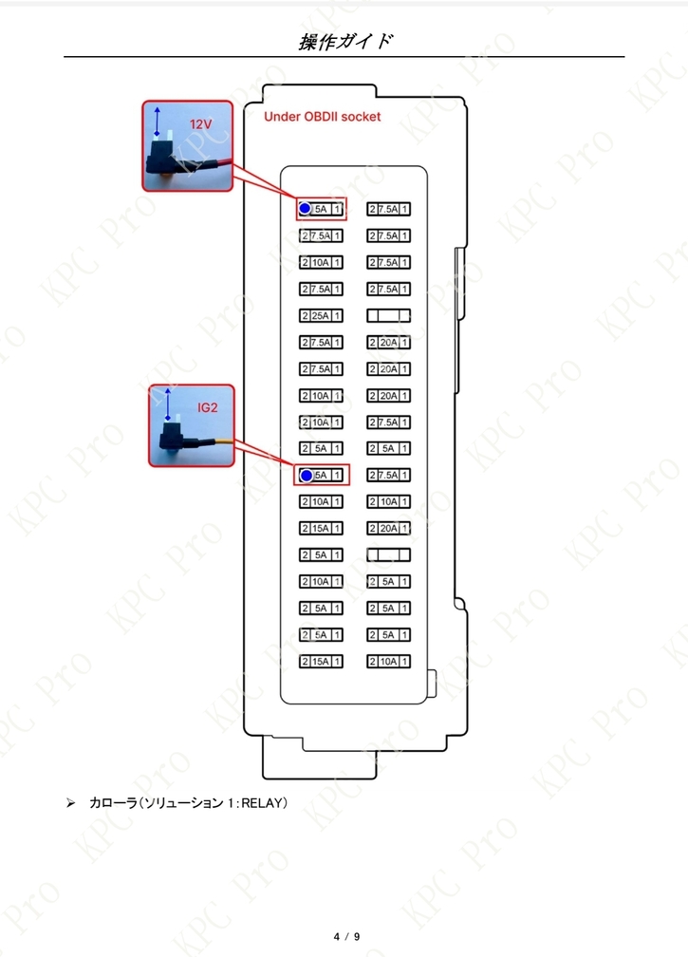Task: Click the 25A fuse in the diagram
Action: [321, 315]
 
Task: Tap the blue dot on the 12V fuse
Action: [305, 209]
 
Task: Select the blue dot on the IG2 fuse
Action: [307, 476]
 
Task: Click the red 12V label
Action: [200, 124]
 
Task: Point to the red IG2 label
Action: [208, 407]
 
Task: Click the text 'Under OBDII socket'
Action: [322, 117]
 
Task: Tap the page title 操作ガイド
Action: [344, 42]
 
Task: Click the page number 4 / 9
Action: [346, 936]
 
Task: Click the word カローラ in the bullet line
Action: [114, 802]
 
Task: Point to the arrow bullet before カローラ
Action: [71, 802]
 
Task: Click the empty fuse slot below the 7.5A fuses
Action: [388, 315]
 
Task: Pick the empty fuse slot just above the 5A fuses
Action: [388, 554]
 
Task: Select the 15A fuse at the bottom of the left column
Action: [321, 662]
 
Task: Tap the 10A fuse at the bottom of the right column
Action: [388, 662]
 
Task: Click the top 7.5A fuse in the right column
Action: [388, 209]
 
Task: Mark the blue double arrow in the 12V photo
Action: [158, 121]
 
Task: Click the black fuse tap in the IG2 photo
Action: [173, 437]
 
